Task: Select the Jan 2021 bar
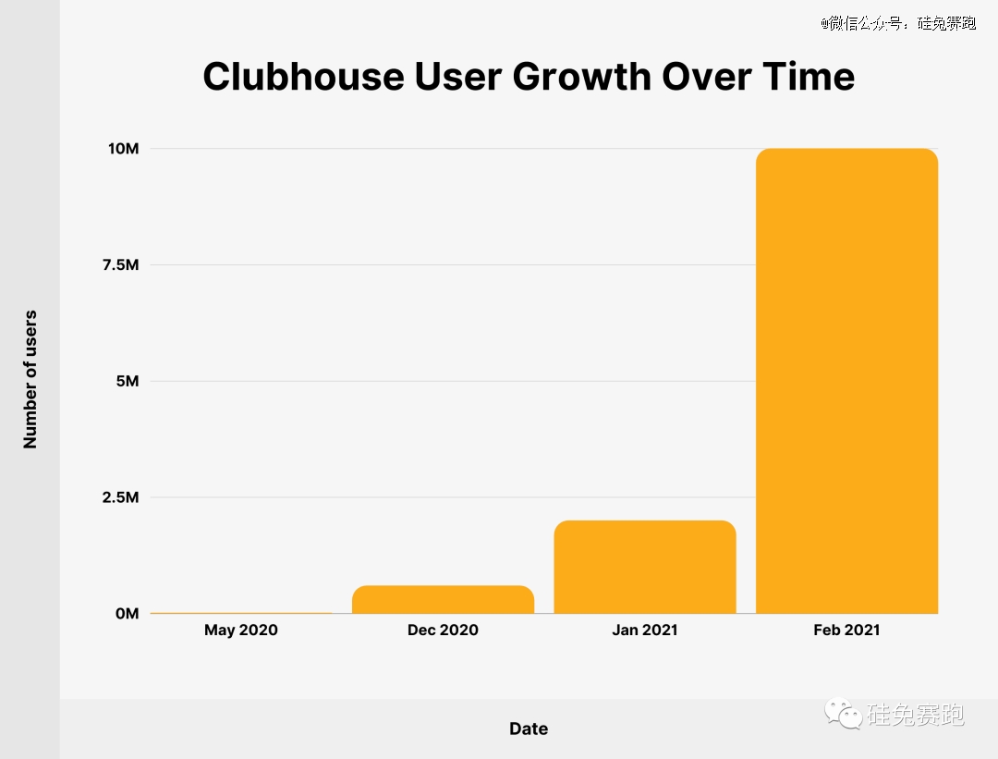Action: pos(645,567)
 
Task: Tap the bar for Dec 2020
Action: pos(443,599)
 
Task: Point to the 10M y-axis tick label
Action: pos(123,149)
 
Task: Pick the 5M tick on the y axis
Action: pos(127,381)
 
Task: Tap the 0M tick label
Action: pos(127,614)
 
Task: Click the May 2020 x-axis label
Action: pos(241,630)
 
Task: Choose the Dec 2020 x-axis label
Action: pos(443,630)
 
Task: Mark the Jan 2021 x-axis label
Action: pos(645,630)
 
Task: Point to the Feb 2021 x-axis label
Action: pos(846,630)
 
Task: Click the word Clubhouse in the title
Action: pos(303,77)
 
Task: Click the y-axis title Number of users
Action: pos(30,380)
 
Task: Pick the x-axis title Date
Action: pos(529,728)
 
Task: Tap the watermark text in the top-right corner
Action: pos(897,23)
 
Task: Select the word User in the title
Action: pos(457,77)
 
